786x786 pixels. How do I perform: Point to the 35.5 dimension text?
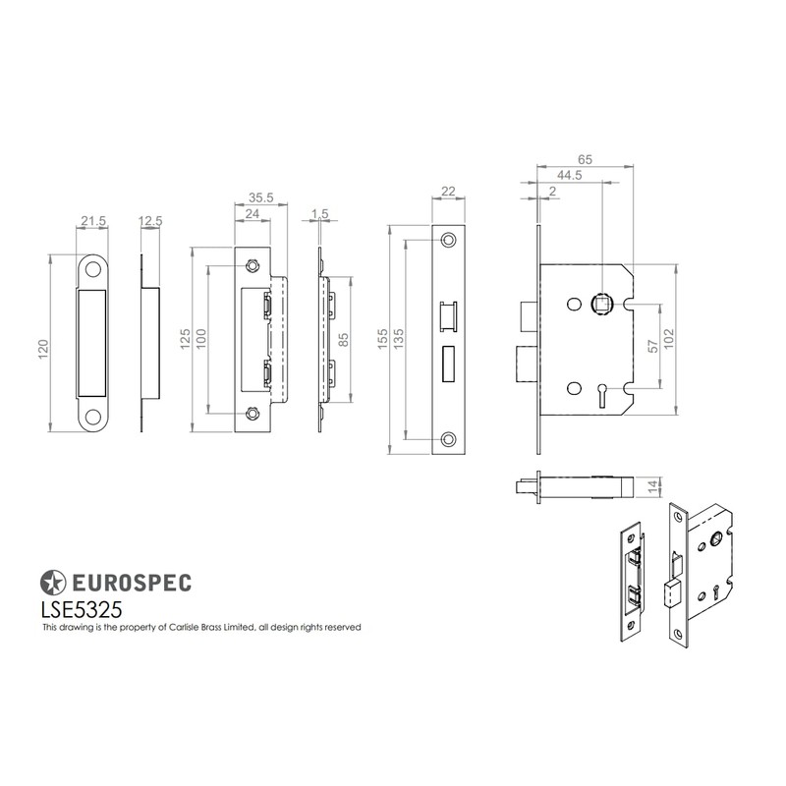point(258,197)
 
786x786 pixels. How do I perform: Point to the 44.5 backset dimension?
point(569,175)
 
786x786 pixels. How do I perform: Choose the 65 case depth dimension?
point(585,156)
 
